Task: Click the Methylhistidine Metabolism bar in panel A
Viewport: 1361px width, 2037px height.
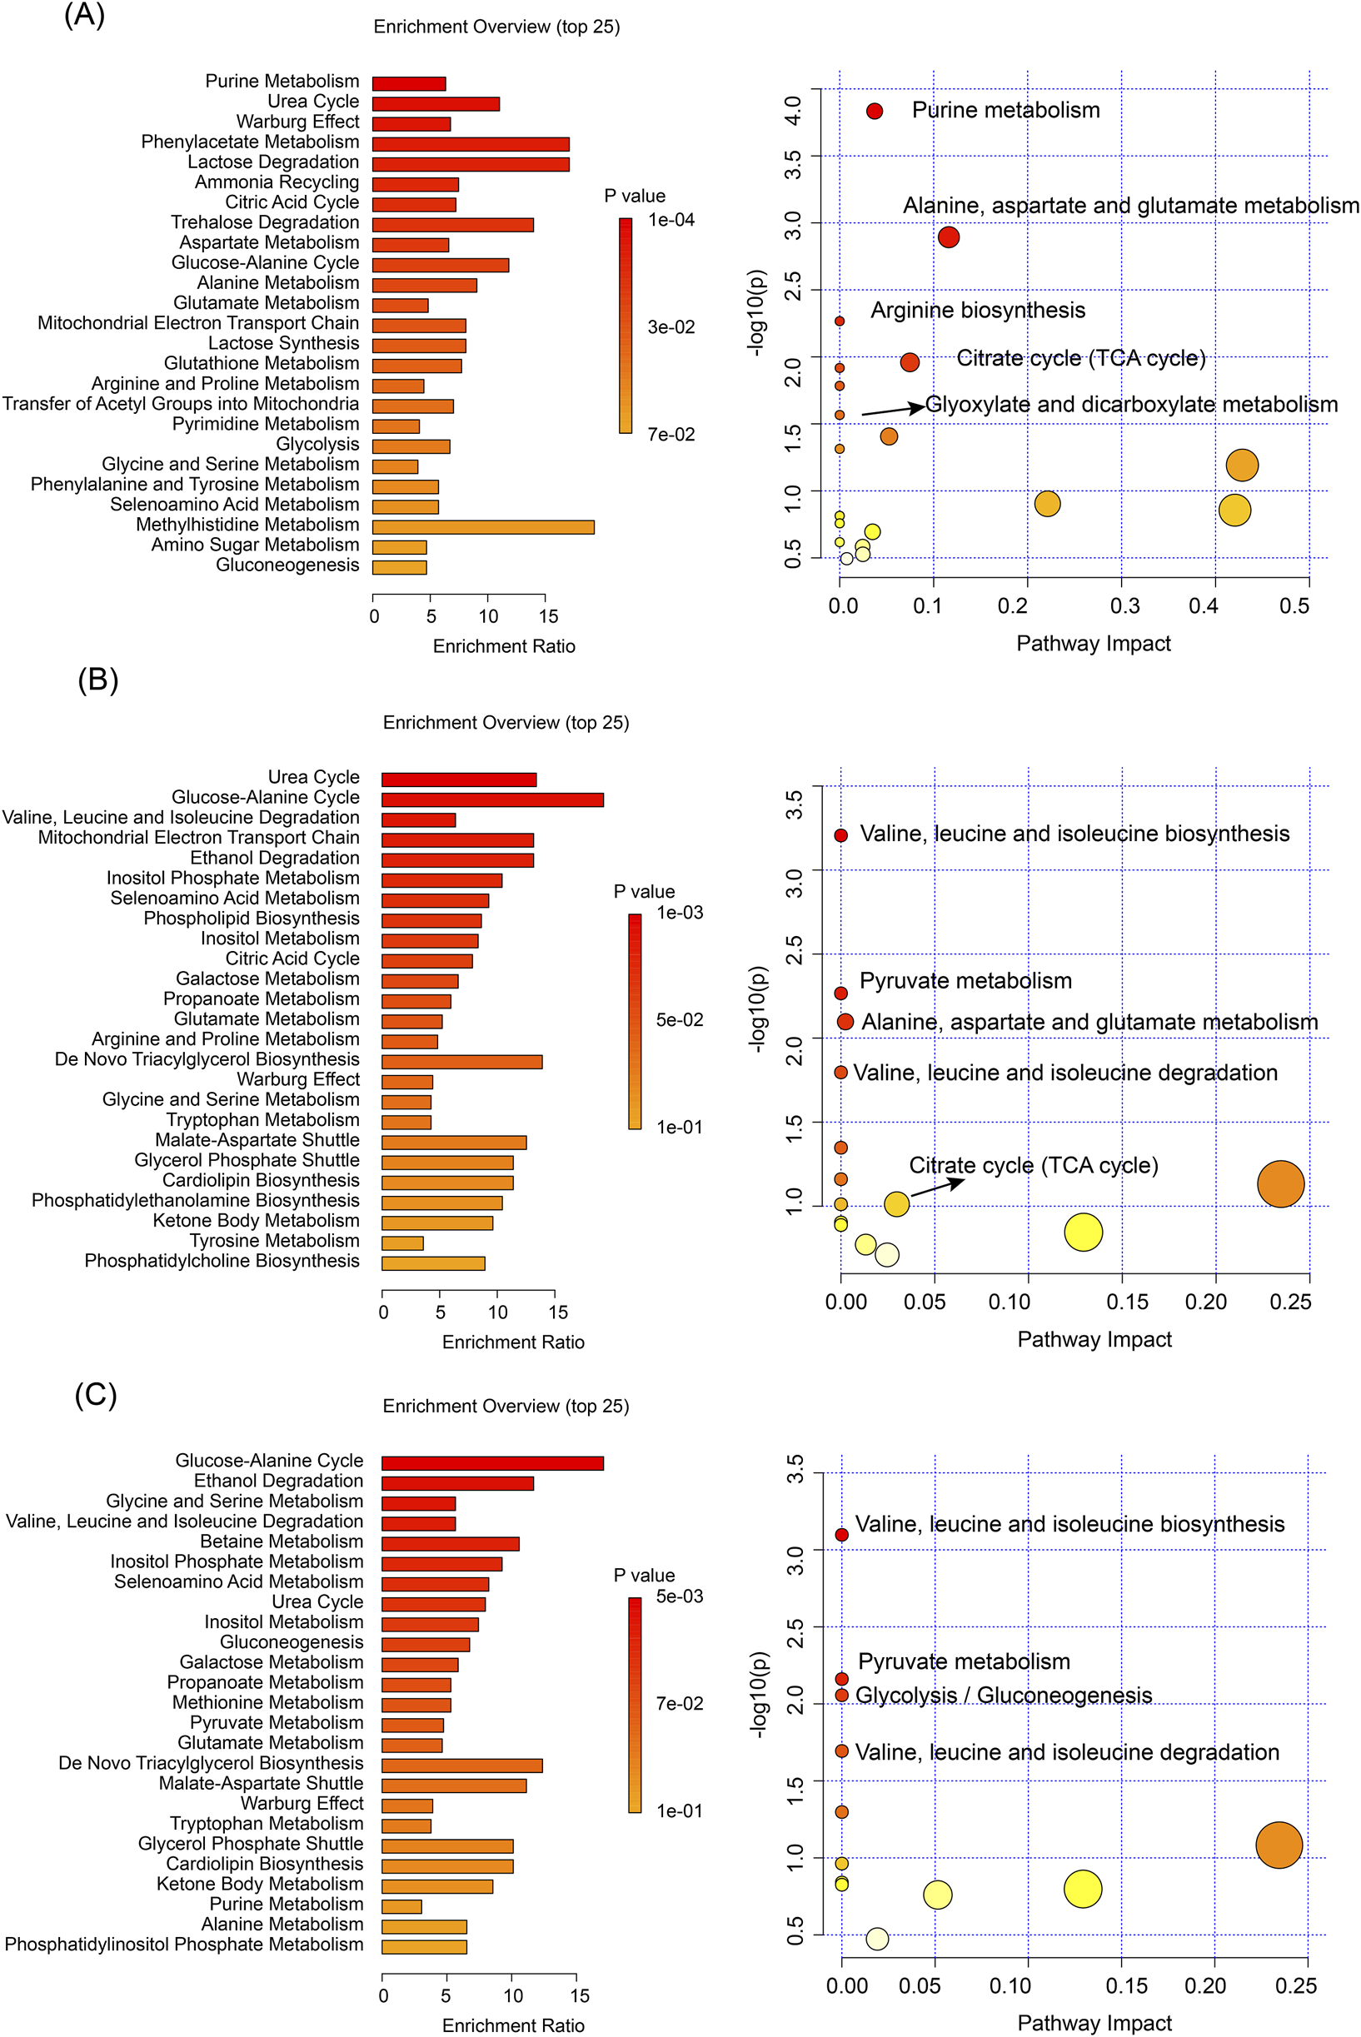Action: (482, 527)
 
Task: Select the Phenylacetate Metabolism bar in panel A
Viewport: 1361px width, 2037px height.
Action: (471, 144)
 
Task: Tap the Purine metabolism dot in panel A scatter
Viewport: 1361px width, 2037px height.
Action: (874, 111)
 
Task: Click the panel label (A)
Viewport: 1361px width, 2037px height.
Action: (84, 15)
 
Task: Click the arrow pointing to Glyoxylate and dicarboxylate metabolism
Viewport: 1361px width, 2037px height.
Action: (892, 409)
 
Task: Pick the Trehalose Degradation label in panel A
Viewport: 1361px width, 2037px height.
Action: (265, 222)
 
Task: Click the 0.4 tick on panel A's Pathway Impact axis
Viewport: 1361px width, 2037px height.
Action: (1202, 605)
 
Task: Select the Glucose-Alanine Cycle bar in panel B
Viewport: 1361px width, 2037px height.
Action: (492, 799)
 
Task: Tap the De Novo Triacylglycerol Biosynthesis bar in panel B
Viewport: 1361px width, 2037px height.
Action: (461, 1062)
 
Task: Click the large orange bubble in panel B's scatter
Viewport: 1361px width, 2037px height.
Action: (1280, 1184)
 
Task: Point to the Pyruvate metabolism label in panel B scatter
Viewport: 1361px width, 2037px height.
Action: (965, 981)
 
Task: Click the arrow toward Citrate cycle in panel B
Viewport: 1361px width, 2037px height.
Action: (936, 1188)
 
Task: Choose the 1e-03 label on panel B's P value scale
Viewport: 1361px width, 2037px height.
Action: (680, 912)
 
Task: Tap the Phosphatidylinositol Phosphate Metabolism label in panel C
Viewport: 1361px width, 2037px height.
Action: (184, 1944)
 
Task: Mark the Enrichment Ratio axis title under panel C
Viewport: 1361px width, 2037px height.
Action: (513, 2025)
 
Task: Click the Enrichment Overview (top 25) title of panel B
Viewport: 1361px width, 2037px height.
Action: (506, 722)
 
